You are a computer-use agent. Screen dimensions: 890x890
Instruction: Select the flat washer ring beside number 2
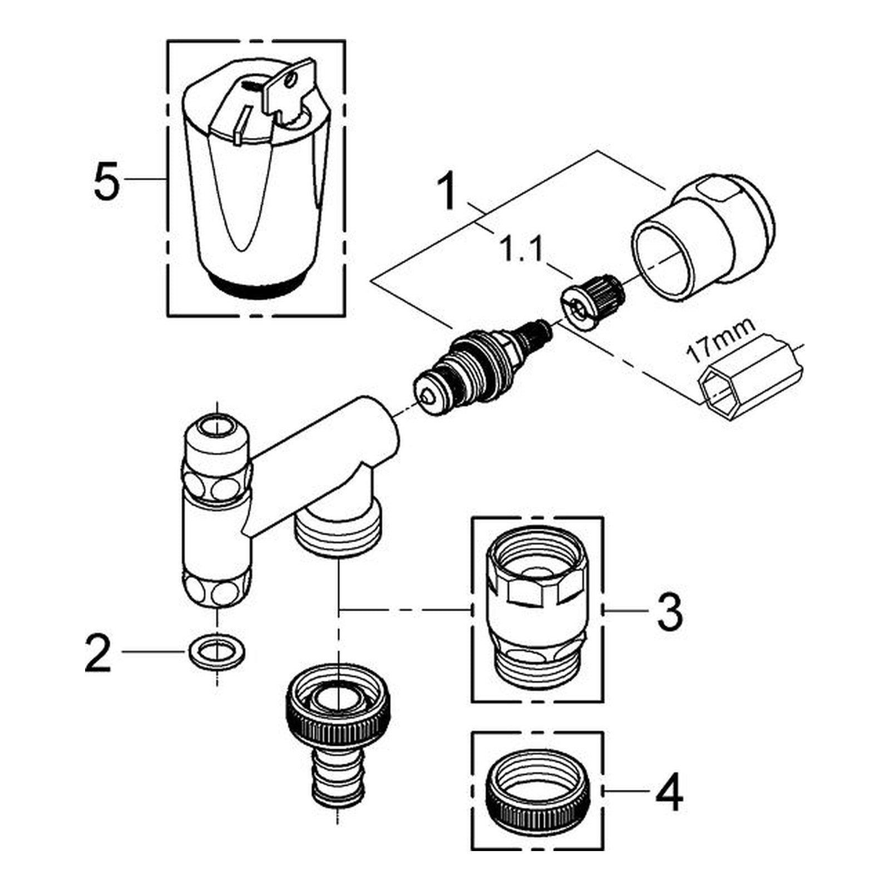click(x=217, y=650)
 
